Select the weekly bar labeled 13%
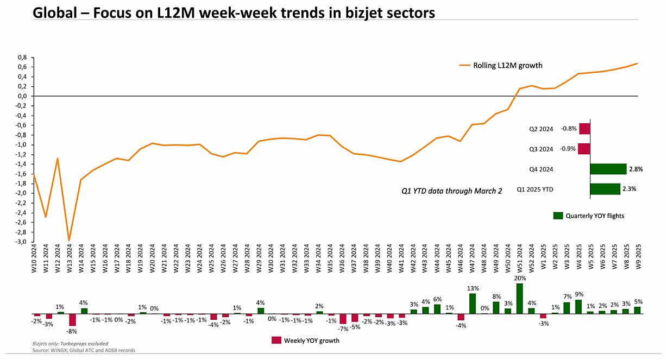point(473,304)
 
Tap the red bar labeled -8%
point(73,319)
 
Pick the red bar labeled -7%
point(343,319)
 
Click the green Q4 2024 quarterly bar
point(608,169)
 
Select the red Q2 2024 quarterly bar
point(584,129)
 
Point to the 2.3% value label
point(629,189)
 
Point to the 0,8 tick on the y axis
point(22,57)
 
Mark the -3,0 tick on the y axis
point(21,242)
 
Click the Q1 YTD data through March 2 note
point(452,191)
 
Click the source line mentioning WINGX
point(84,351)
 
